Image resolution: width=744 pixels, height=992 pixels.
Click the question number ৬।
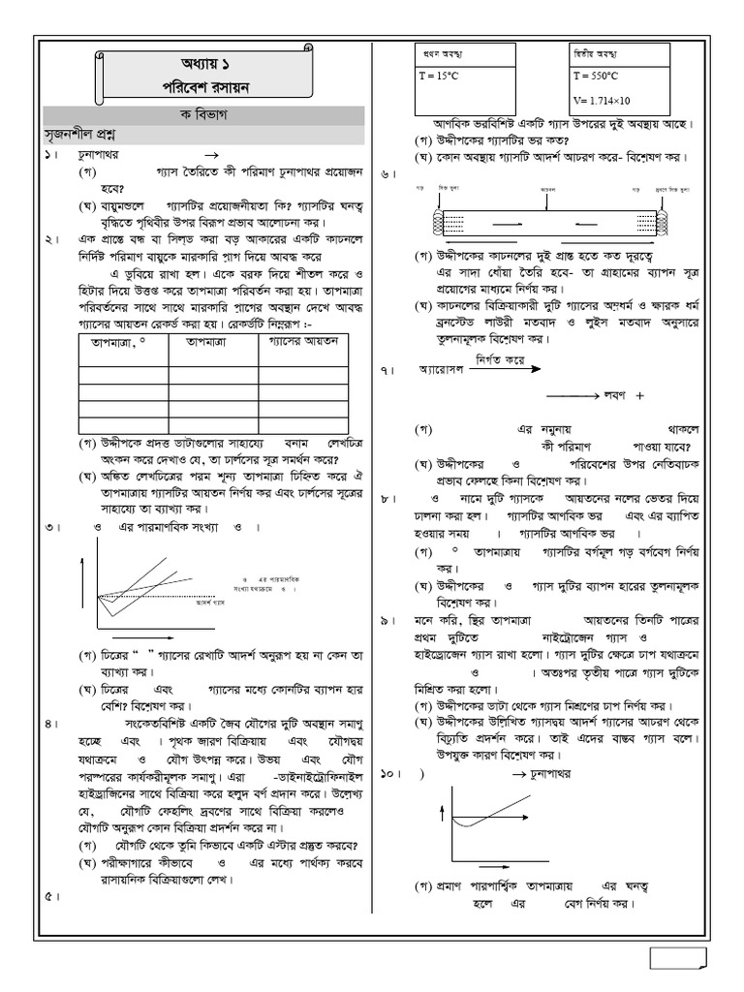[x=387, y=174]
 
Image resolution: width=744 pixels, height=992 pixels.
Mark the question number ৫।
[x=51, y=896]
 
